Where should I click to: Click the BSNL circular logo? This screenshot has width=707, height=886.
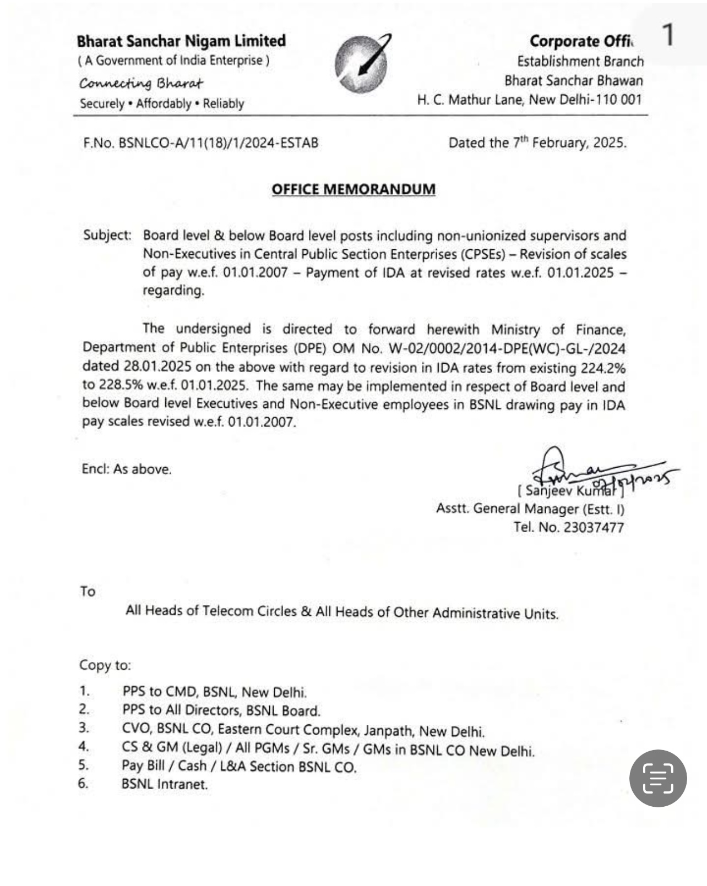(x=362, y=63)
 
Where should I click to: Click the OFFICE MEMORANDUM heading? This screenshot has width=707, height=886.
(x=353, y=189)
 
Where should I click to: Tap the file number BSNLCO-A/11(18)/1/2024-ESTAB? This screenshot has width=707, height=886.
(x=218, y=143)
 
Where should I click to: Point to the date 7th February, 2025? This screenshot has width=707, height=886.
(x=569, y=143)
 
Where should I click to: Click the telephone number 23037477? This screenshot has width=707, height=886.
(x=594, y=527)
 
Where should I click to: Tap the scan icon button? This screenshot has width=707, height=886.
(x=658, y=778)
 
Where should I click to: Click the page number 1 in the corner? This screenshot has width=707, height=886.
(x=668, y=35)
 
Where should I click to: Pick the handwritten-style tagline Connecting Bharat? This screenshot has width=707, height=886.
(x=141, y=83)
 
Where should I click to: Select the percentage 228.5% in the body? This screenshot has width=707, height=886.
(x=113, y=385)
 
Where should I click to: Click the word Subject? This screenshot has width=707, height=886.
(x=107, y=235)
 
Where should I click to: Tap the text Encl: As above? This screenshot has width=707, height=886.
(x=127, y=469)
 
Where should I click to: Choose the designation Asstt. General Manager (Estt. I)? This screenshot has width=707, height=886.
(x=530, y=508)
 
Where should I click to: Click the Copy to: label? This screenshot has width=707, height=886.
(x=105, y=665)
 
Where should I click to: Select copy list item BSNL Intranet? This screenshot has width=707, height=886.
(x=165, y=784)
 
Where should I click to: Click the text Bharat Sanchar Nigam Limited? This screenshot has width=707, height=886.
(x=181, y=41)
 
